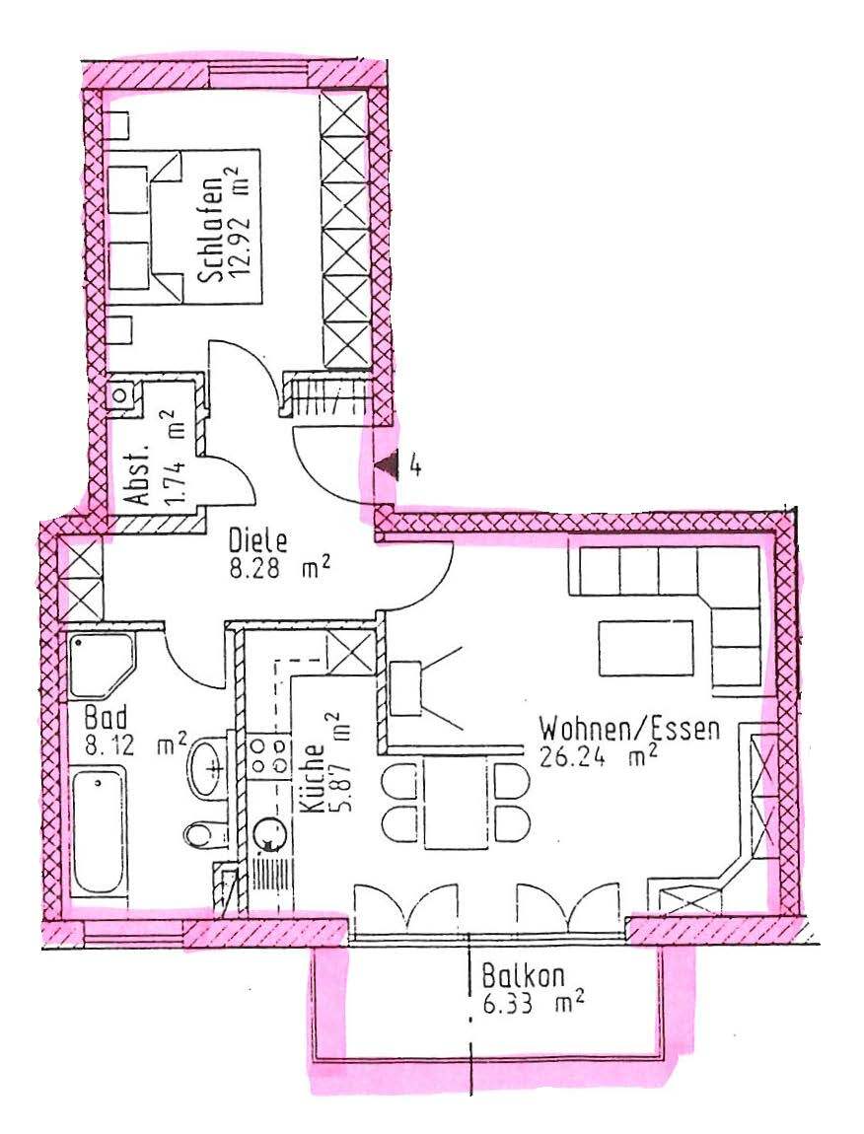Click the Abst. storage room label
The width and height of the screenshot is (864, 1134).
click(x=137, y=473)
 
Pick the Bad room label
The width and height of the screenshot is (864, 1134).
click(x=106, y=718)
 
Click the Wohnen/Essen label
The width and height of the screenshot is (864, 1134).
click(x=629, y=729)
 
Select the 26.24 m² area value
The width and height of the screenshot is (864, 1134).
click(x=599, y=756)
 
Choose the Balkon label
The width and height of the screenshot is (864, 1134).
click(x=523, y=976)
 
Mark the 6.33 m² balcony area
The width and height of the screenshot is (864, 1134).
click(x=534, y=1004)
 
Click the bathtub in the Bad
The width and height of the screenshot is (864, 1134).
click(x=100, y=831)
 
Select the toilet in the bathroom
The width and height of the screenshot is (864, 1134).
click(x=205, y=833)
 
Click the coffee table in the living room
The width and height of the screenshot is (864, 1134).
click(x=646, y=648)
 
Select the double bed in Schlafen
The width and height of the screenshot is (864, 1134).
click(x=183, y=227)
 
